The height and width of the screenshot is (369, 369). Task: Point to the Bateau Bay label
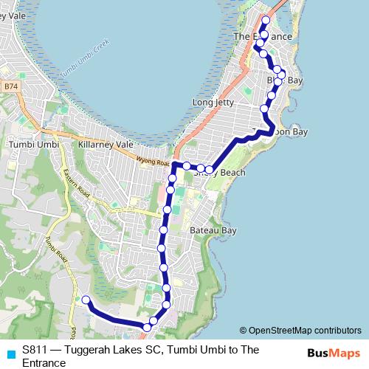click(x=213, y=230)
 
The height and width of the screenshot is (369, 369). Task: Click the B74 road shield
click(x=10, y=86)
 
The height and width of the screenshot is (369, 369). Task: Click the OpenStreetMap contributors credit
click(x=300, y=330)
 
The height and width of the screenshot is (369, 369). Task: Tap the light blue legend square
click(x=10, y=352)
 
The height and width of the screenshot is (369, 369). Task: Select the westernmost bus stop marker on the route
click(x=86, y=300)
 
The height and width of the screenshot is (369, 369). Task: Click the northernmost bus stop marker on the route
click(x=266, y=20)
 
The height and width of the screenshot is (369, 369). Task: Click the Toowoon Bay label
click(x=285, y=131)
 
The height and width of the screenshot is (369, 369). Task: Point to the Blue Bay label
click(x=284, y=79)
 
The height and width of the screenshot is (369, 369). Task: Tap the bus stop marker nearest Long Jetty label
click(x=265, y=108)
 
